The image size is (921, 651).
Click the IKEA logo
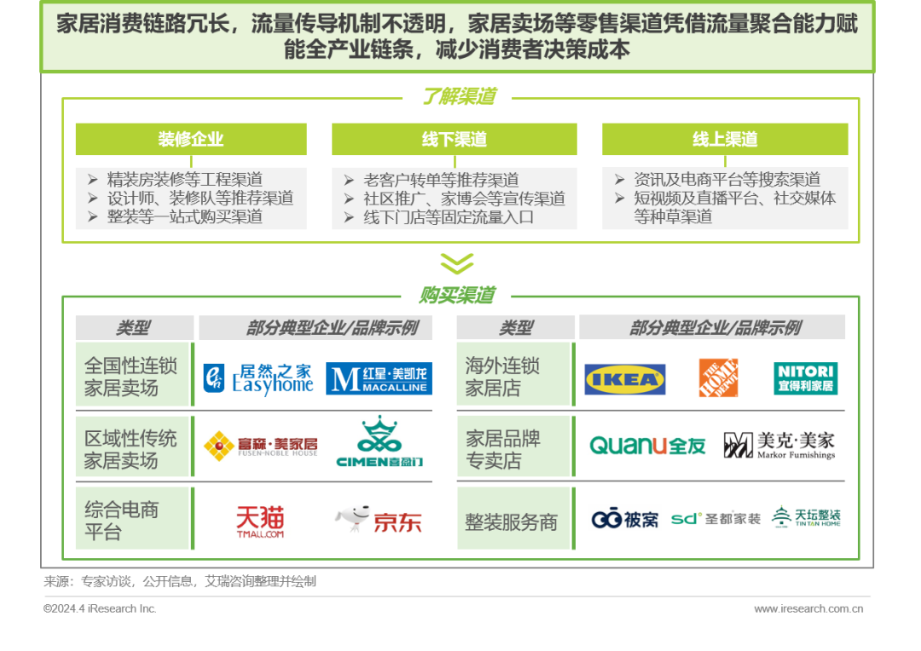pos(625,379)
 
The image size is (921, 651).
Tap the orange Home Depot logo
pos(718,378)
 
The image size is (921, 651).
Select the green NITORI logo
pos(805,378)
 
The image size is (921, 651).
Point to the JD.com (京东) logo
pos(379,519)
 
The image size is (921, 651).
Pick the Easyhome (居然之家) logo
pos(258,379)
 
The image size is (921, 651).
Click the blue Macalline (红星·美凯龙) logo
pos(379,378)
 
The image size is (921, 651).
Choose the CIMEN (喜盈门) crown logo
pos(379,441)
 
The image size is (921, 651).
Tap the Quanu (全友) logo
pos(647,446)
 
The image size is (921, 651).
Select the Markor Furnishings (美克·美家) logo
pos(779,446)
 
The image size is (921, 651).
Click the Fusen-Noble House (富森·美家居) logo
pos(261,446)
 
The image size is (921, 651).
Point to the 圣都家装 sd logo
pos(715,519)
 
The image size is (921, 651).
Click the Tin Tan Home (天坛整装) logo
pos(806,516)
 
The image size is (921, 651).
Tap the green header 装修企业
pos(191,139)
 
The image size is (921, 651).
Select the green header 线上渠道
pos(725,139)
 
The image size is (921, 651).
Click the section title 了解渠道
pos(459,96)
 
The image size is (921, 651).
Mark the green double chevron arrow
pos(457,263)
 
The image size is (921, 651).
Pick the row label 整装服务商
pos(511,521)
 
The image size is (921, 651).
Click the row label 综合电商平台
pos(122,521)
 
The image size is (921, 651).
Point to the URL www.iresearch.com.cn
pos(808,608)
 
